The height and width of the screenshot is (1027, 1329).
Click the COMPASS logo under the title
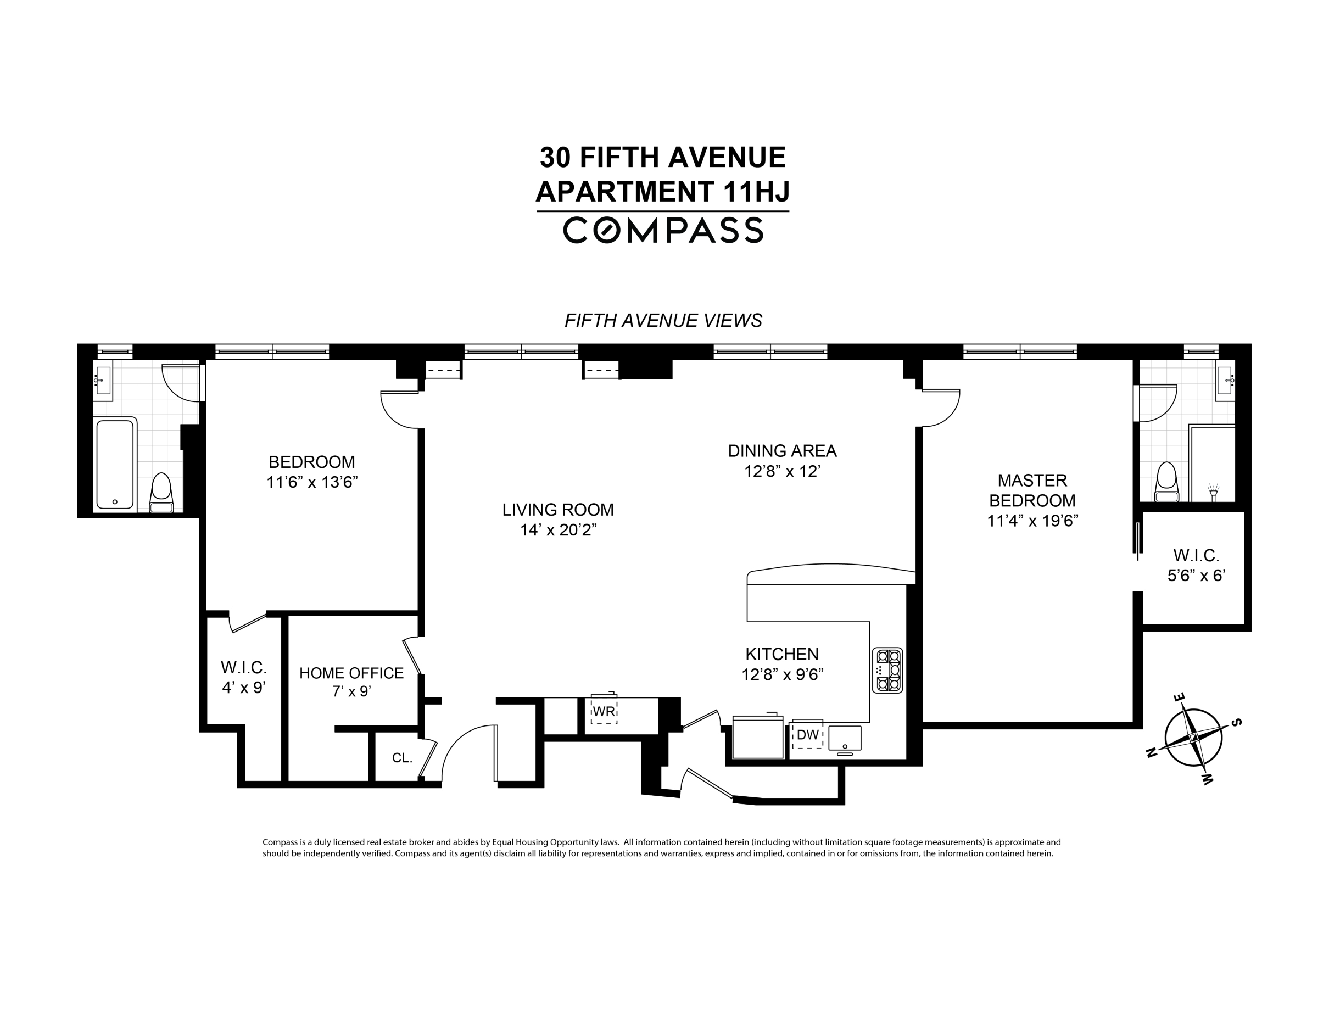pos(663,231)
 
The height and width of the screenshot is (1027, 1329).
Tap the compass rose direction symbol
pos(1193,738)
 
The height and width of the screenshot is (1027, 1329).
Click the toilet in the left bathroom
pos(161,493)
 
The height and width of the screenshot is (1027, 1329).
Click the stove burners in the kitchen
pos(888,671)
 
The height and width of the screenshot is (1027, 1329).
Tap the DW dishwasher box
pos(807,735)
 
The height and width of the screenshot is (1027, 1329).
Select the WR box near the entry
pos(604,711)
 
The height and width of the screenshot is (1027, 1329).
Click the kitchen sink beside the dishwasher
pos(845,739)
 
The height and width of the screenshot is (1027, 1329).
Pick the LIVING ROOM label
pos(557,510)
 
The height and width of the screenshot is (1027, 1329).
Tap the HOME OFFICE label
pos(351,673)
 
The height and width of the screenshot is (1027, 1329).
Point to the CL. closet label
pos(402,758)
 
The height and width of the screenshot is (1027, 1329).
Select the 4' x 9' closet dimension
pos(243,688)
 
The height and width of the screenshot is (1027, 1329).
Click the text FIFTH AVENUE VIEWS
pos(663,321)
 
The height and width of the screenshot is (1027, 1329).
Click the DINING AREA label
pos(782,451)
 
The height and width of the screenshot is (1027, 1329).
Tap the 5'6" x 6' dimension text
pos(1196,576)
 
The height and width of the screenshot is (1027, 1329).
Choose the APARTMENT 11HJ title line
pos(663,192)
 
